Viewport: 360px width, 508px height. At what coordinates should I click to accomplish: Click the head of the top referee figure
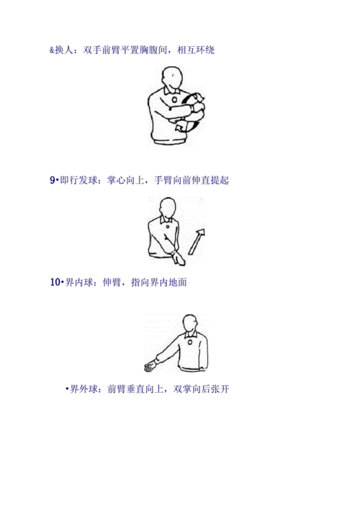pos(172,77)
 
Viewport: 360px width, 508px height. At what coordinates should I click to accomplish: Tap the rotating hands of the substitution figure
pos(194,109)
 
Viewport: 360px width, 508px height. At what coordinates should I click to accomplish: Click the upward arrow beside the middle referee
pos(196,241)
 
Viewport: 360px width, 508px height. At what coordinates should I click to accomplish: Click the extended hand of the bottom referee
pos(149,366)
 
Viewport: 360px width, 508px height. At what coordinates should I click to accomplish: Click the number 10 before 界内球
pos(55,283)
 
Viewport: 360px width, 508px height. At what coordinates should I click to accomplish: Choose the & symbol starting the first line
pos(50,50)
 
